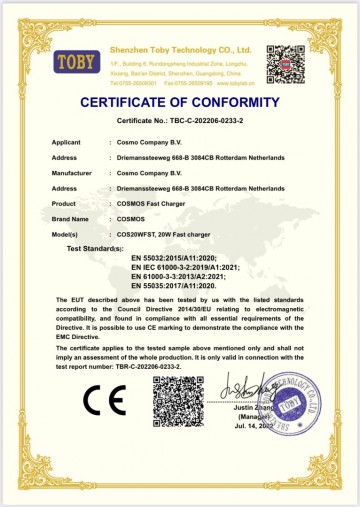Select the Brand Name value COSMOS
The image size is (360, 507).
coord(133,217)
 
